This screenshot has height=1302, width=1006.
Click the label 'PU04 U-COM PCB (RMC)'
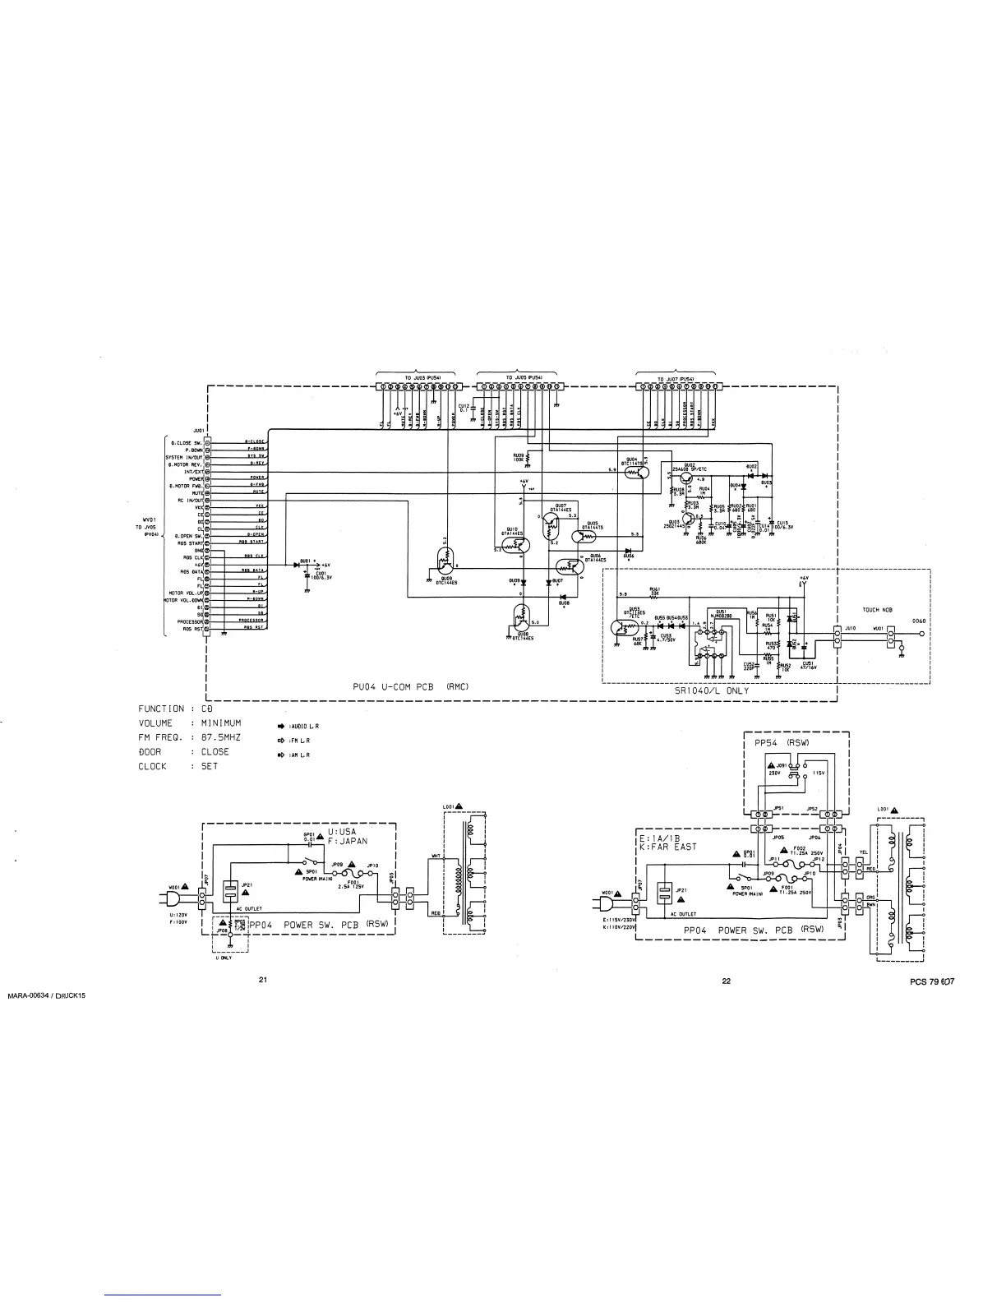406,686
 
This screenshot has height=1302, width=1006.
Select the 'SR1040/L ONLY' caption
713,691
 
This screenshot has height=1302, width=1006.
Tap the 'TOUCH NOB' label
877,610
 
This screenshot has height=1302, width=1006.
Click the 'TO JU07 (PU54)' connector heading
676,379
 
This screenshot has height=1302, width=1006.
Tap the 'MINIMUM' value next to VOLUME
221,723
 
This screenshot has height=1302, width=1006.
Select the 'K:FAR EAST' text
667,847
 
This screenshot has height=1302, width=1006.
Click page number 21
263,979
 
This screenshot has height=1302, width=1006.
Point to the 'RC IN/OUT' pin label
190,500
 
